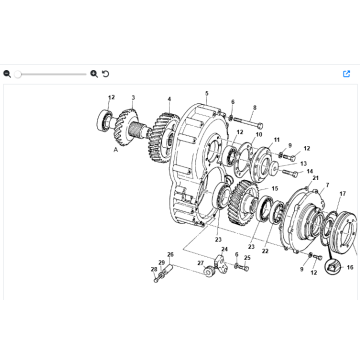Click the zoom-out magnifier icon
[7, 73]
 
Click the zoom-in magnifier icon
[94, 73]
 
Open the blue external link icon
[347, 73]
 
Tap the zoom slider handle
[18, 73]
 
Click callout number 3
[134, 97]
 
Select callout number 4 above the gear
[169, 99]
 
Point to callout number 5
[206, 93]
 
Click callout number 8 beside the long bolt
[255, 108]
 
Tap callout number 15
[275, 189]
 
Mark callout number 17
[342, 193]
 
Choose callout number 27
[200, 263]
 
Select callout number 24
[224, 249]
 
